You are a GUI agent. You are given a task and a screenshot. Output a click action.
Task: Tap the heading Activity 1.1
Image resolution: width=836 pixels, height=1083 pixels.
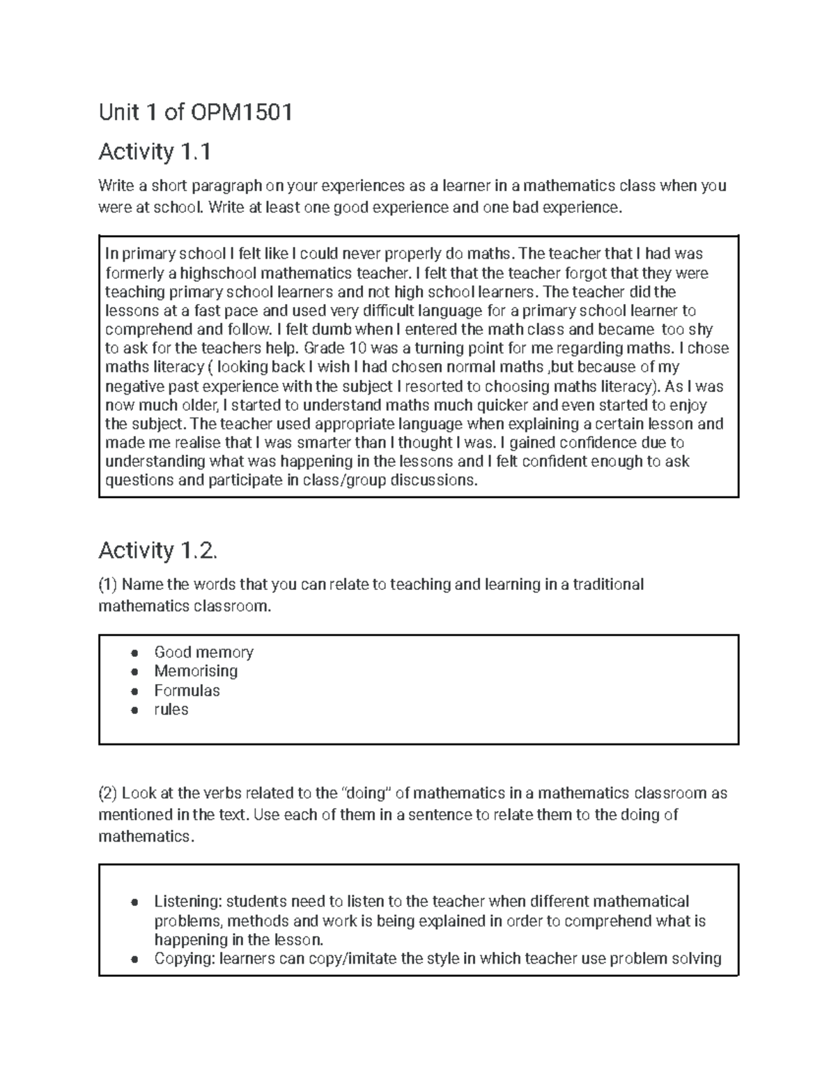click(x=154, y=151)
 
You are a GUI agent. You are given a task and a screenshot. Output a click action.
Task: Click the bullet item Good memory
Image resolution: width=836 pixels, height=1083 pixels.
click(x=203, y=652)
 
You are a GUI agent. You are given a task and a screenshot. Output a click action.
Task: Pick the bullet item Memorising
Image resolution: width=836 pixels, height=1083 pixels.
click(x=196, y=671)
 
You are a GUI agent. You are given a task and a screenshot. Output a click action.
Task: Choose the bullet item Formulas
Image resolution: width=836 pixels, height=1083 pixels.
click(x=187, y=690)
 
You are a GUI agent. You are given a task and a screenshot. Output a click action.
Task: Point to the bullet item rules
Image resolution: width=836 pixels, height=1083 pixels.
click(x=171, y=709)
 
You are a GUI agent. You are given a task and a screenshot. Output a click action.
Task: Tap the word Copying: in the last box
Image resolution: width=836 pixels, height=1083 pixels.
click(x=185, y=958)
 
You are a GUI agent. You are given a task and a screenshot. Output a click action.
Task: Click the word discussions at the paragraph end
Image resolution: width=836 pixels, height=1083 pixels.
click(x=433, y=480)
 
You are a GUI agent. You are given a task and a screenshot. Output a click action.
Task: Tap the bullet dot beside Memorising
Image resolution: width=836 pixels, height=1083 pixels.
click(x=134, y=672)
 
